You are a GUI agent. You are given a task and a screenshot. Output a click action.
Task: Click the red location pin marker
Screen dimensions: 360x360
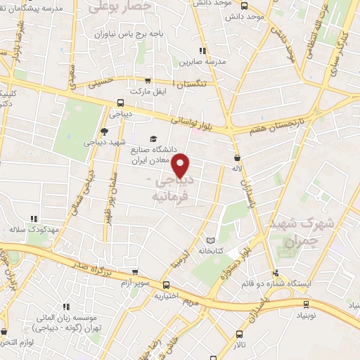[x=181, y=165]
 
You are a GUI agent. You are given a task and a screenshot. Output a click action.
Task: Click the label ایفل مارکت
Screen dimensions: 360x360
[x=146, y=91]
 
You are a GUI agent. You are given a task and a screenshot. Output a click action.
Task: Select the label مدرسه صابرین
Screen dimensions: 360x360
[x=202, y=62]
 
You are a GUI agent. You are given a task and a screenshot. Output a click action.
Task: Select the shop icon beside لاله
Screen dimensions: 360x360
[x=237, y=157]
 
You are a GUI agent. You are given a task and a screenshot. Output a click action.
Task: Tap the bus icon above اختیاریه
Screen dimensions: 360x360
[x=167, y=285]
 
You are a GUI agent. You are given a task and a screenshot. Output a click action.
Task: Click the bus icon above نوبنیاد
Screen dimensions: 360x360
[x=305, y=304]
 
